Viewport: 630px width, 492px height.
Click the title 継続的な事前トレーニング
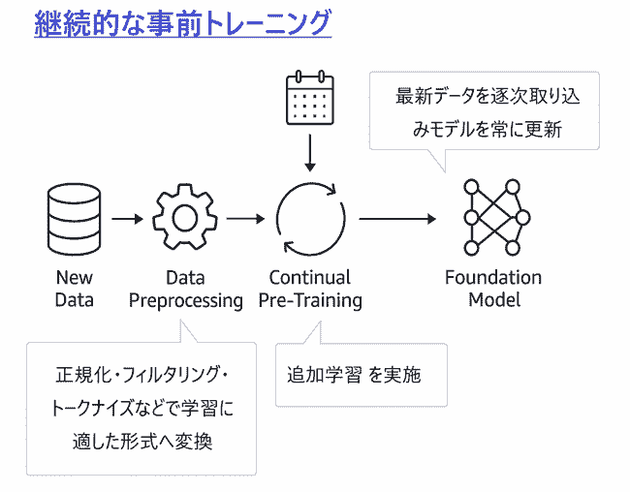(183, 23)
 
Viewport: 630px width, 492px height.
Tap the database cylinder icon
(74, 219)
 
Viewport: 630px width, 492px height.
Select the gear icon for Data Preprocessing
(185, 217)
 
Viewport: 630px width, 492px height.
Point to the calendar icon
(310, 98)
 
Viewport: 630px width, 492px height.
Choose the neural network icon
(496, 217)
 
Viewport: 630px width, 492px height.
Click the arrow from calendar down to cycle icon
(310, 153)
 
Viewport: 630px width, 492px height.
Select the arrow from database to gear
(127, 219)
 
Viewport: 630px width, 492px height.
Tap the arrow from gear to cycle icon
(245, 219)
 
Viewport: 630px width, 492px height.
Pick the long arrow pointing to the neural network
(397, 219)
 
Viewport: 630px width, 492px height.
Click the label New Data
(75, 289)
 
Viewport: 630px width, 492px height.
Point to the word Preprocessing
(186, 301)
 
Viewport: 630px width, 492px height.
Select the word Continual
(310, 278)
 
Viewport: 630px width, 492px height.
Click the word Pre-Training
(310, 301)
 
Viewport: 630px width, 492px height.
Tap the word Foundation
(493, 278)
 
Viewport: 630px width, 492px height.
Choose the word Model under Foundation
(494, 300)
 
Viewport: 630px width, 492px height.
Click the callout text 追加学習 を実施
(354, 375)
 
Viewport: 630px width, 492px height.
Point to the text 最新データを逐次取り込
(488, 97)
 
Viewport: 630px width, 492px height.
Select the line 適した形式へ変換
(142, 442)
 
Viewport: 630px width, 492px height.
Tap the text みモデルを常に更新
(487, 130)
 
